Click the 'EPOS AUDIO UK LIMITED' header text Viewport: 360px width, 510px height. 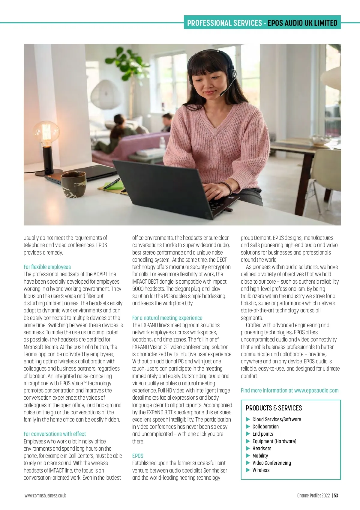[302, 23]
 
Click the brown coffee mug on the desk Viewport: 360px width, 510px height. [73, 183]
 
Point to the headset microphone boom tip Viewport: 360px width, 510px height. [221, 94]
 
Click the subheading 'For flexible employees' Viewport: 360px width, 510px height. [47, 267]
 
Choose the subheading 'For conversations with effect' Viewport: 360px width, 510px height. [55, 434]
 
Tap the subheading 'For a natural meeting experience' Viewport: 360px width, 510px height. [167, 318]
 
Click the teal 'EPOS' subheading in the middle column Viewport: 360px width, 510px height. [138, 456]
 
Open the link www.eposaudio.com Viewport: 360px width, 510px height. [316, 390]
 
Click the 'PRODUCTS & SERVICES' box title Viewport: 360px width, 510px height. [274, 408]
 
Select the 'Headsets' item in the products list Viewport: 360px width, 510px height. [262, 449]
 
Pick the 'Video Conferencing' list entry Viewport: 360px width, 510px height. [271, 463]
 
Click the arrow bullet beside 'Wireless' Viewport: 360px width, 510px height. [248, 470]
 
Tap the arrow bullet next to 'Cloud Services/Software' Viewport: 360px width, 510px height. [248, 419]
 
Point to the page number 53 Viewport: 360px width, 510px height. [336, 496]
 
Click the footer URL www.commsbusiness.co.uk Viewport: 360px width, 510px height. [45, 496]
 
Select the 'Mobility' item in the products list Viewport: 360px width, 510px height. [260, 456]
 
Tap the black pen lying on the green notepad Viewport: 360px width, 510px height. [112, 183]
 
